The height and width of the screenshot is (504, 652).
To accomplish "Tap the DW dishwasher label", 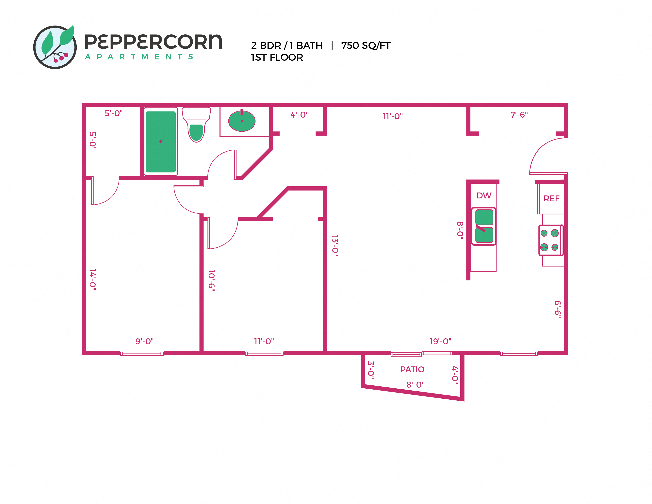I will [484, 195].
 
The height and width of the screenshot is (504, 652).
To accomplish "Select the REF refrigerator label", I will [551, 199].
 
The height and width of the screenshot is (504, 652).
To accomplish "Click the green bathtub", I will [161, 142].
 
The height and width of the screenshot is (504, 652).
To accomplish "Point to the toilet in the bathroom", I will [196, 125].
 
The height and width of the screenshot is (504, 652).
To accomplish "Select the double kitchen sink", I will [484, 226].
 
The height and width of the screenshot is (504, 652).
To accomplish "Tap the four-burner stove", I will [550, 240].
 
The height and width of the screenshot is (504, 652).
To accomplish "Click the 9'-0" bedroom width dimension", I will [144, 341].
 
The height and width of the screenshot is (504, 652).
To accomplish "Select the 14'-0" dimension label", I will [93, 279].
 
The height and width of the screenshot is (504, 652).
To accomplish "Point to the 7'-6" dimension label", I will [519, 115].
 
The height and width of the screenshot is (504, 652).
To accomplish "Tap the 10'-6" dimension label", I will [212, 280].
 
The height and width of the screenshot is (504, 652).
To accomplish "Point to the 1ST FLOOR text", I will [277, 57].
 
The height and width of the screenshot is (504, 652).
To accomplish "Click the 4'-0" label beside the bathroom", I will [300, 115].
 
